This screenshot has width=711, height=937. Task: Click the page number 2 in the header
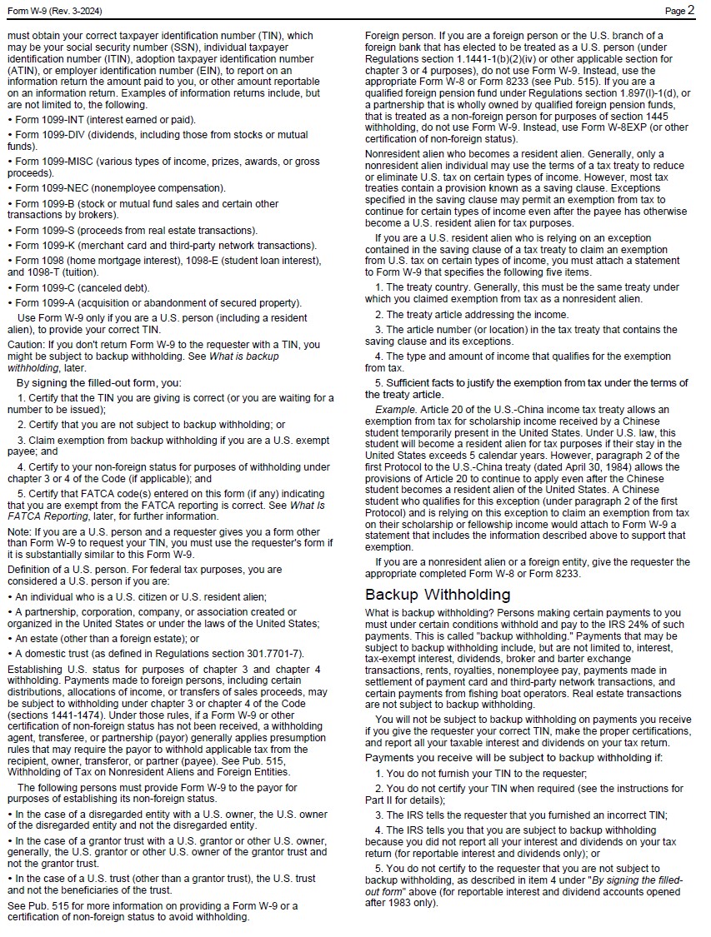(691, 11)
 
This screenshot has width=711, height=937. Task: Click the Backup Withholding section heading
(437, 595)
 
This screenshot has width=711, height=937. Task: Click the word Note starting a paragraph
(18, 532)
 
